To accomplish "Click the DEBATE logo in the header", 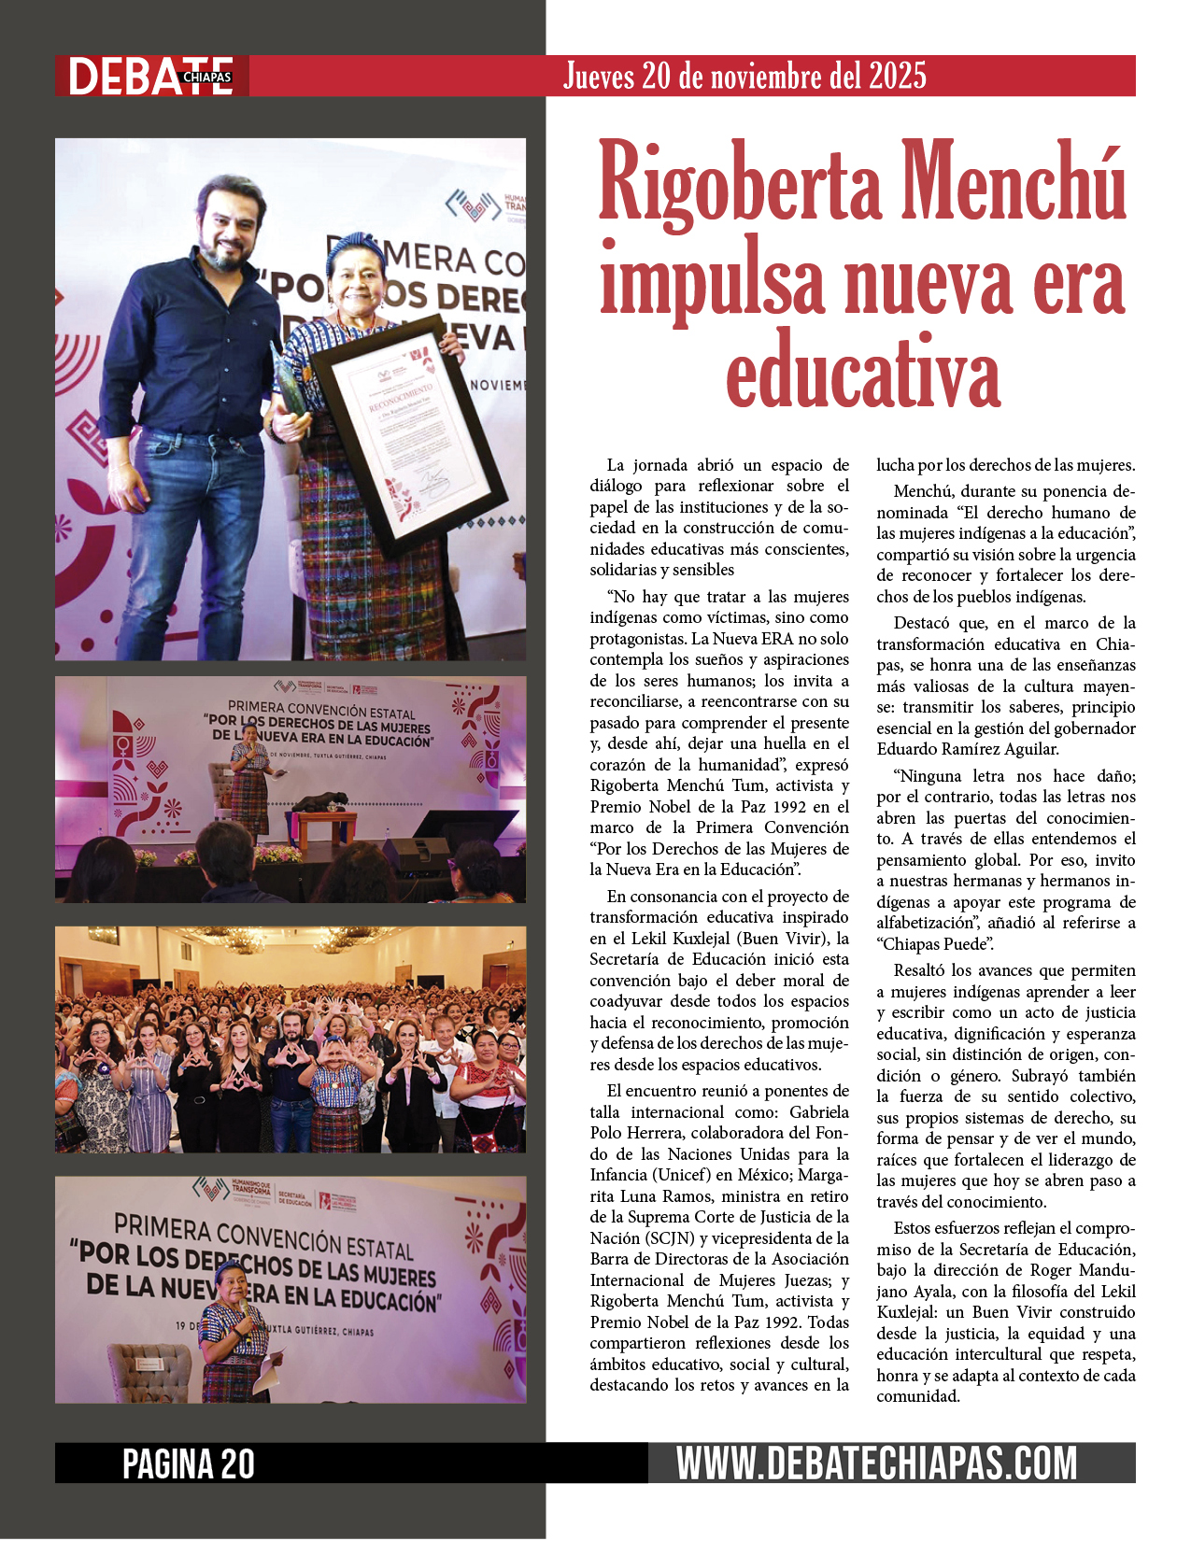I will pyautogui.click(x=149, y=76).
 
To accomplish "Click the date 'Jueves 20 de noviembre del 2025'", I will pyautogui.click(x=744, y=76).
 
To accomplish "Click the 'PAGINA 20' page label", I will pyautogui.click(x=189, y=1463).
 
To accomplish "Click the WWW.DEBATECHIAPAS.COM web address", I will pyautogui.click(x=876, y=1463).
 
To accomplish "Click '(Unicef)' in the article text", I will pyautogui.click(x=689, y=1175).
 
